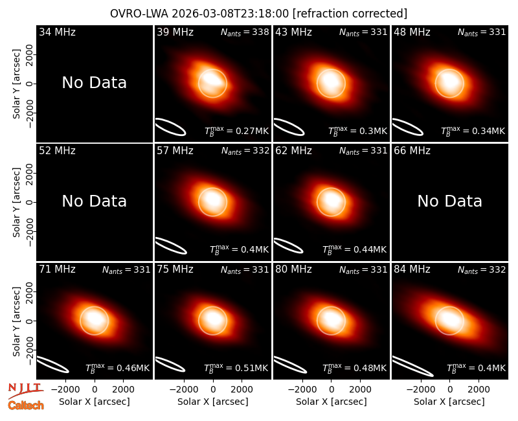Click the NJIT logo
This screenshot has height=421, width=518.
pos(25,391)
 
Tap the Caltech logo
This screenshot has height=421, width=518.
pos(26,405)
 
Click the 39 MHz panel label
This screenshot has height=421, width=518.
pos(175,32)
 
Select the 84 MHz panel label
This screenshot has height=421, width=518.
pos(412,269)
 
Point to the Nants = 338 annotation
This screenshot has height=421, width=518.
pos(245,32)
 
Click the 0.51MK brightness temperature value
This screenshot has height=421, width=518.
pos(251,368)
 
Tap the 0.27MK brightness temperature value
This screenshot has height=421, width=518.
pos(252,131)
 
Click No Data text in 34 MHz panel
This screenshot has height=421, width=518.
pos(95,83)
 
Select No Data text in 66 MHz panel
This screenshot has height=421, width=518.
pos(449,201)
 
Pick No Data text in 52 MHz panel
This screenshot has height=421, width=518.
pos(95,201)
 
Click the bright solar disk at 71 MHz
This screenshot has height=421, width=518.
pos(95,321)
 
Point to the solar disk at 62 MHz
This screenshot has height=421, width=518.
pos(331,202)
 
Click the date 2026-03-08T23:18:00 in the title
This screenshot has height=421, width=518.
pos(231,14)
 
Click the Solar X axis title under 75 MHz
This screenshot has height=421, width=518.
pos(213,402)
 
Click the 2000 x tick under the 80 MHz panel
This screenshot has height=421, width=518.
pos(360,390)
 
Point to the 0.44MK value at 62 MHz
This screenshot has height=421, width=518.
pos(370,249)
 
